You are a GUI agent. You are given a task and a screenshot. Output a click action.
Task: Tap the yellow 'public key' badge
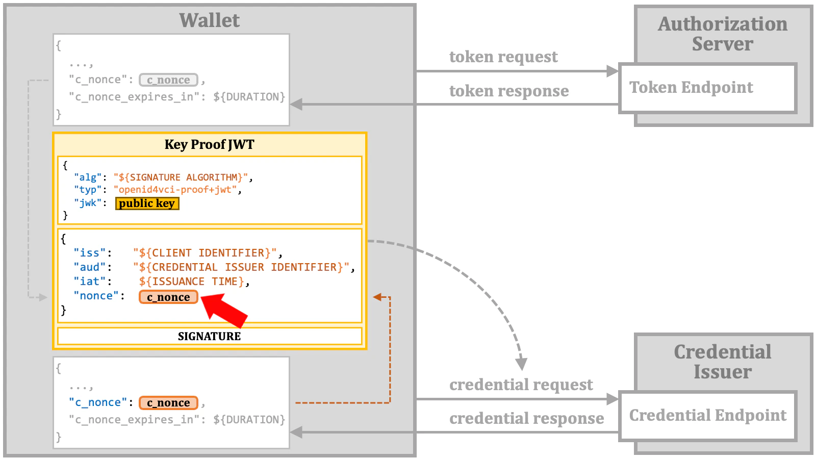(147, 203)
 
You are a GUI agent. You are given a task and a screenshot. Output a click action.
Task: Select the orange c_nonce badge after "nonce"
(168, 297)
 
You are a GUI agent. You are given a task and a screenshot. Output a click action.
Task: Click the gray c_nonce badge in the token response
(168, 80)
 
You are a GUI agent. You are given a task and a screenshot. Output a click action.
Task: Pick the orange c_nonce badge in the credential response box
(168, 403)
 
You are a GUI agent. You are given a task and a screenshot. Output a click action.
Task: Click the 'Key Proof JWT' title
(209, 144)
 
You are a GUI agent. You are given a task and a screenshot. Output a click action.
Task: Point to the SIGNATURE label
(209, 336)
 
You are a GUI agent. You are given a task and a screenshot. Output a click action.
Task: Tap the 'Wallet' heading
(209, 20)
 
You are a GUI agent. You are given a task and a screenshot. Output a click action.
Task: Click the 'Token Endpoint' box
(707, 88)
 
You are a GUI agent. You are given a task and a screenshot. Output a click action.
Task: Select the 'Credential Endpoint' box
(707, 416)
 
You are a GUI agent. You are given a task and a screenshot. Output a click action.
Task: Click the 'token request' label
(503, 57)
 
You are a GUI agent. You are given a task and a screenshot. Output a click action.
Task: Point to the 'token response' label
(508, 91)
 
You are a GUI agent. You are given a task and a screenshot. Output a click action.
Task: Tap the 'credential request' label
(521, 385)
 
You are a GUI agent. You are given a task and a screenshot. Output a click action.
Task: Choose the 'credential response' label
(526, 418)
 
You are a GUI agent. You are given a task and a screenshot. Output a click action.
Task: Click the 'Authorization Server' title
(723, 34)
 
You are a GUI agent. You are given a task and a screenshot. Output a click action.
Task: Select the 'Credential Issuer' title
(723, 362)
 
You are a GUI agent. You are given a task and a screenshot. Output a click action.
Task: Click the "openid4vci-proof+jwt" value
(175, 190)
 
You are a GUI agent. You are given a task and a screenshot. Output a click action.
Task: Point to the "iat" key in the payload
(90, 282)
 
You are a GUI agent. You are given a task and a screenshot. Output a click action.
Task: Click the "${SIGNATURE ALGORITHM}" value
(181, 177)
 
